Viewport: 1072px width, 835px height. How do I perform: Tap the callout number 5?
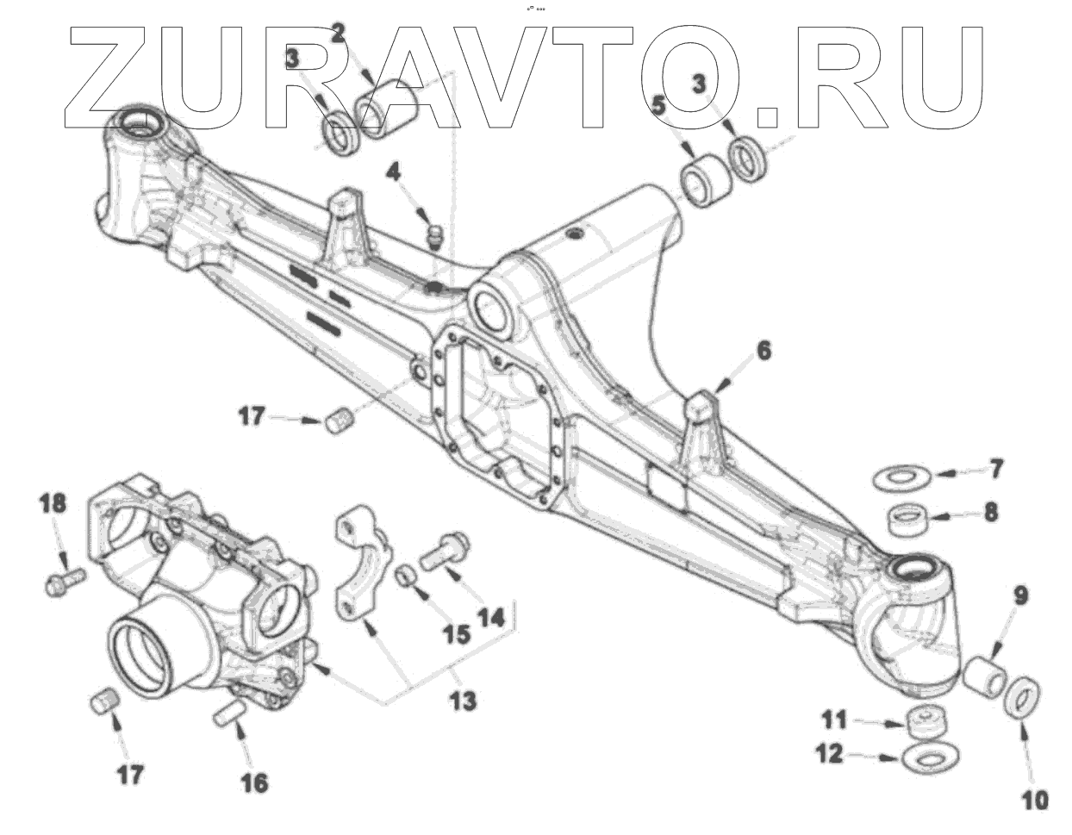click(x=659, y=107)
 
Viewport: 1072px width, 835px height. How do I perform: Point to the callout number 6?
click(x=764, y=352)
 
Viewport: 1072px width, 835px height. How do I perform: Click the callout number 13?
click(x=463, y=701)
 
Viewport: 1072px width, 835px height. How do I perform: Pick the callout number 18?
click(x=53, y=503)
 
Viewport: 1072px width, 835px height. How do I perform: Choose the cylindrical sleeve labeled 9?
click(x=983, y=676)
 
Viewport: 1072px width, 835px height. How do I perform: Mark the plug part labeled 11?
click(x=927, y=721)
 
